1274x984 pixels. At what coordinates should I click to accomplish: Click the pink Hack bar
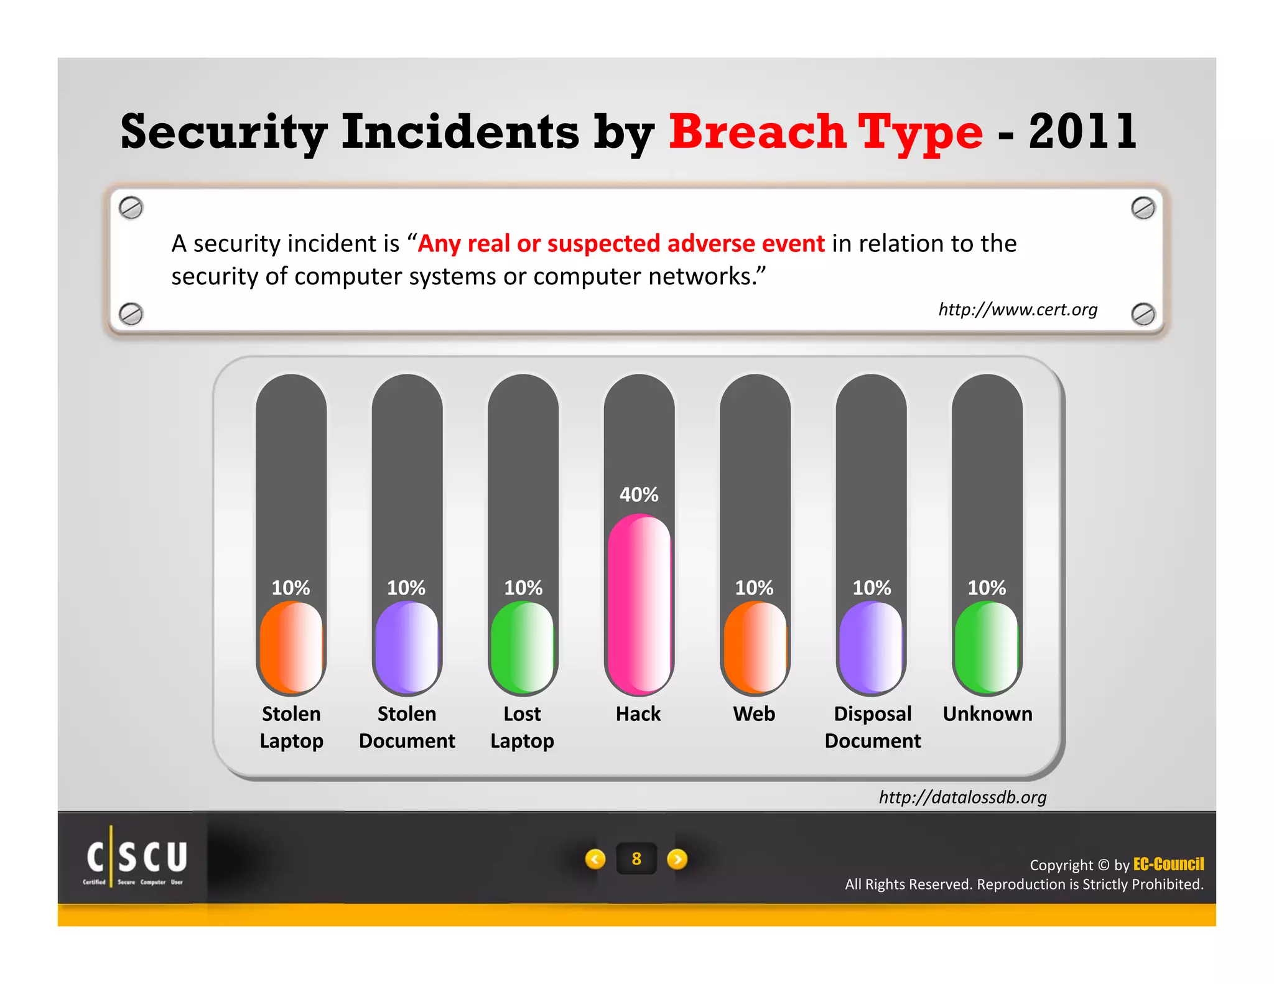point(639,603)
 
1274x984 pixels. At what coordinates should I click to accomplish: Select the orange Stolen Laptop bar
point(291,647)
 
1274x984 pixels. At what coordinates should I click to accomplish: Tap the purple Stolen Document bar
point(407,647)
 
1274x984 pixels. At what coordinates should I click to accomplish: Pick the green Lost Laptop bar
point(523,647)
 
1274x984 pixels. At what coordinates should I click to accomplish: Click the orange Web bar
point(755,647)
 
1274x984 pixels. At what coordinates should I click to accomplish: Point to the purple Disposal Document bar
point(871,647)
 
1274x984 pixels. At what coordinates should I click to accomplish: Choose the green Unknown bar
point(987,647)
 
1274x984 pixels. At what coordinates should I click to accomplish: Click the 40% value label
point(639,494)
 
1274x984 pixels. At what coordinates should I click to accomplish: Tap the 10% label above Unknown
point(987,588)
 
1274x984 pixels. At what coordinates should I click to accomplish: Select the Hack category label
point(638,713)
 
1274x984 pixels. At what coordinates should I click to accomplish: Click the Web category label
point(754,713)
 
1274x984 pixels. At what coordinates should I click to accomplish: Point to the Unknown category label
point(987,713)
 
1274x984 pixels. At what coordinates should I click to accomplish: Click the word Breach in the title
point(756,132)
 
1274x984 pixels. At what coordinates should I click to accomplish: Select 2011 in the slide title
point(1082,132)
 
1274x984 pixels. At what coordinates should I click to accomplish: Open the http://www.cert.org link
point(1018,309)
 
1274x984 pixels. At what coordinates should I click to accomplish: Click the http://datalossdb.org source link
point(962,797)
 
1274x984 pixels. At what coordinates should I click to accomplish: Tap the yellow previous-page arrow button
point(595,859)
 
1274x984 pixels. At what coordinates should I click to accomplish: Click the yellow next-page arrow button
point(677,859)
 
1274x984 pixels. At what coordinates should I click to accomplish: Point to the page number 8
point(636,859)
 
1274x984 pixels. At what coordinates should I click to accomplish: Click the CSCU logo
point(136,858)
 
